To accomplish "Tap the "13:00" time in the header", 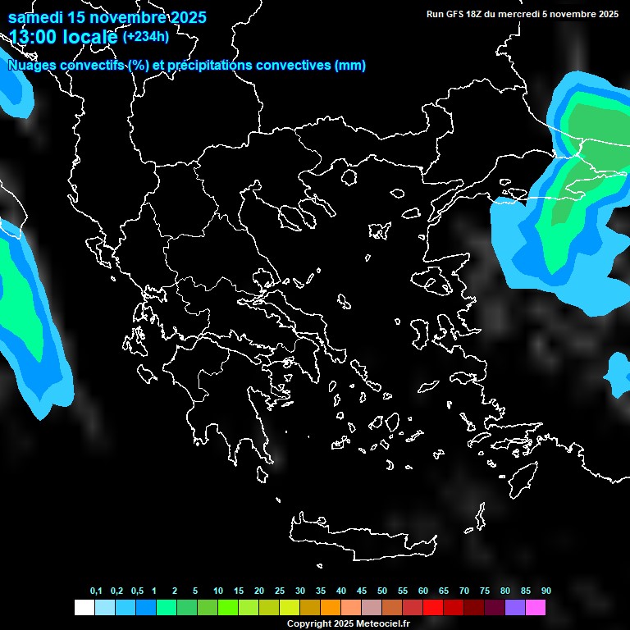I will [x=34, y=37].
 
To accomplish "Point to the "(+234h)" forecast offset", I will [x=146, y=36].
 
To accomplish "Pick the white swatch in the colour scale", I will [x=84, y=608].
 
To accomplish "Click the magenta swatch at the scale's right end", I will [x=536, y=608].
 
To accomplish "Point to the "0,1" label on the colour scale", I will [x=96, y=591].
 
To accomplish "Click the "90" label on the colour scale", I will [x=546, y=591].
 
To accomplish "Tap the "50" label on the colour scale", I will [x=382, y=591].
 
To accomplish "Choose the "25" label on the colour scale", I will [x=280, y=591].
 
